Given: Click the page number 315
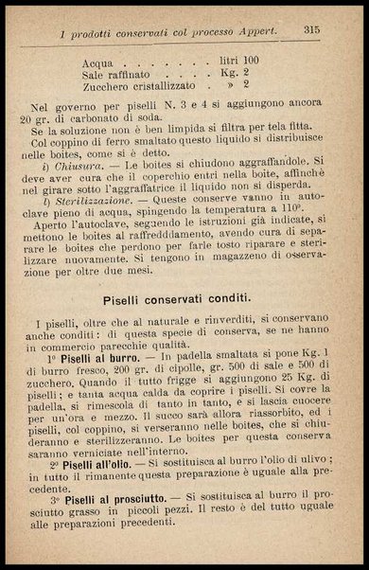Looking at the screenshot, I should pos(312,29).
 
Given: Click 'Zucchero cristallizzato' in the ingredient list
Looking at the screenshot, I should pos(139,83).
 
